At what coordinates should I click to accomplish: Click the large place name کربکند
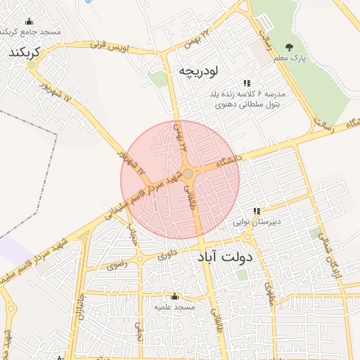coord(25,53)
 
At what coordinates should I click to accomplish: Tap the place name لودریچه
coord(200,70)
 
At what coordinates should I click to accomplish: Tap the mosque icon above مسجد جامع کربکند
coord(29,22)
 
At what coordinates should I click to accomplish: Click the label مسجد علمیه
coord(175,308)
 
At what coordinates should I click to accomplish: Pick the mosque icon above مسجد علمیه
coord(175,297)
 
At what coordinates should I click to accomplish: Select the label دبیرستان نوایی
coord(258,221)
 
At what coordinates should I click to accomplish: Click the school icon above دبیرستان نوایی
coord(258,210)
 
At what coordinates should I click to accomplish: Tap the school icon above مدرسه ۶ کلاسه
coord(247,83)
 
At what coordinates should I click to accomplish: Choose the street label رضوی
coord(116,266)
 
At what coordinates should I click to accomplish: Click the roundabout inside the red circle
coord(188,174)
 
